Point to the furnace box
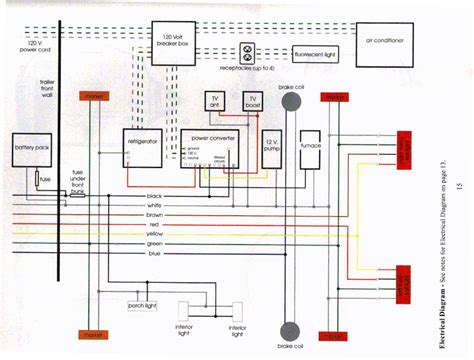click(310, 148)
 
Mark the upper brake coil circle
click(290, 103)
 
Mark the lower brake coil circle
click(290, 329)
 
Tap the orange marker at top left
click(94, 97)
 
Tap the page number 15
click(459, 185)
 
